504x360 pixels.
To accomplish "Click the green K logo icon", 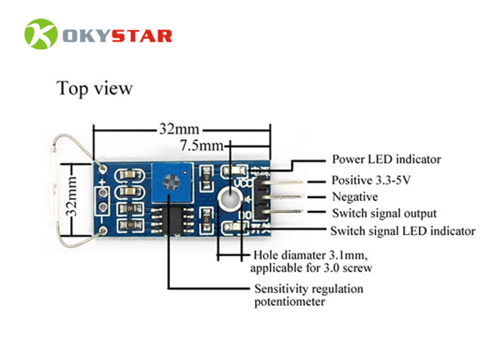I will click(x=40, y=34).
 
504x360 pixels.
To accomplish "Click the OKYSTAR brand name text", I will click(x=116, y=35).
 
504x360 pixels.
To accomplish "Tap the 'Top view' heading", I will click(x=94, y=89).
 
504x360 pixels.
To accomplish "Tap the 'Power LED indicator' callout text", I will click(x=386, y=159).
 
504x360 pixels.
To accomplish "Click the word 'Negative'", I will click(x=354, y=197).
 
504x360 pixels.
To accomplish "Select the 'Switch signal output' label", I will click(x=384, y=214).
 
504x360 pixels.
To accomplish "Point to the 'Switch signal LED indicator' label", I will click(x=402, y=231).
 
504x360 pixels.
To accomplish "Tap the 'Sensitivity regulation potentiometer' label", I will click(x=308, y=295).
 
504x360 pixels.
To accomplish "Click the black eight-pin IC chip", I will click(x=171, y=218).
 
